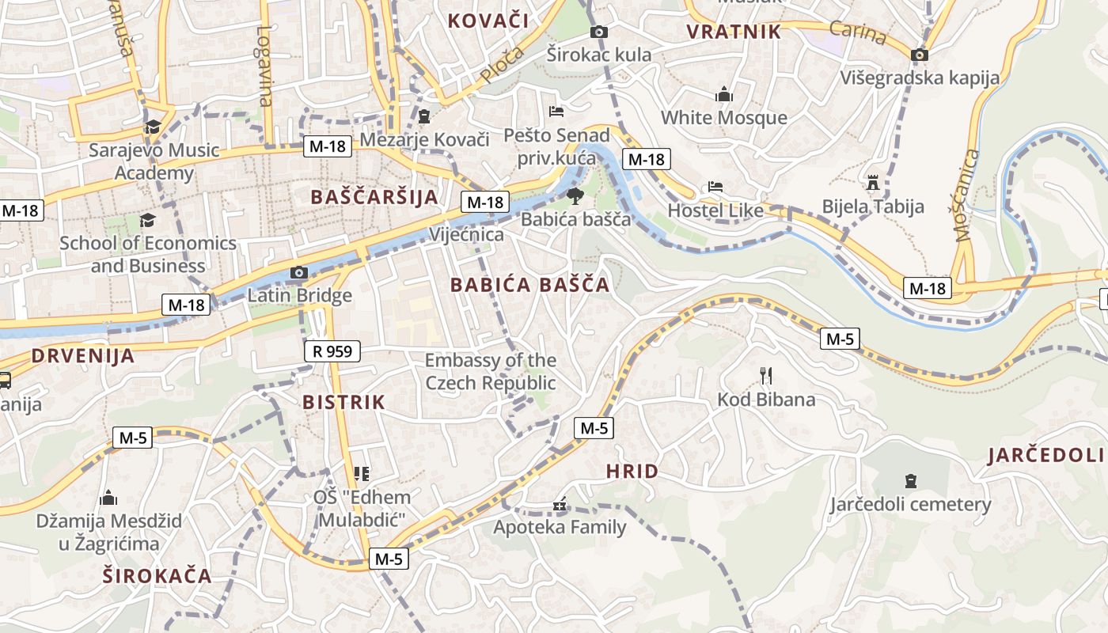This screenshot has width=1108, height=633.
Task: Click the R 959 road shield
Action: [332, 351]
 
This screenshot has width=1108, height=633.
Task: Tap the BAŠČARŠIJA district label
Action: [374, 197]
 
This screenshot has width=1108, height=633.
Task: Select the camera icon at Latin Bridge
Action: [298, 273]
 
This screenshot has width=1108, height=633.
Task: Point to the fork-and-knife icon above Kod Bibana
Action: [765, 375]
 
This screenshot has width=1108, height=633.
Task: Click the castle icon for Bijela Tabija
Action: [873, 183]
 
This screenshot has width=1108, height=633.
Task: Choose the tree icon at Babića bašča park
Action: [575, 195]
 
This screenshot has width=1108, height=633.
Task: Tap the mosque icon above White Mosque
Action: [723, 94]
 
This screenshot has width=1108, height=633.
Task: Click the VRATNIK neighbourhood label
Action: [734, 32]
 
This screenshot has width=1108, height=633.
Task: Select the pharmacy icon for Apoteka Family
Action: [560, 504]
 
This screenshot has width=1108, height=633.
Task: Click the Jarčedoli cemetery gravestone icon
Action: [910, 480]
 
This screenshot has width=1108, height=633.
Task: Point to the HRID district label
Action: [632, 472]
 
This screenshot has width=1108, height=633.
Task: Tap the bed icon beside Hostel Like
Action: [715, 187]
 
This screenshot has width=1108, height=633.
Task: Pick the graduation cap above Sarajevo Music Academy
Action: [153, 127]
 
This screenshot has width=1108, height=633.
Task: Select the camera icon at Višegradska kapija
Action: [919, 55]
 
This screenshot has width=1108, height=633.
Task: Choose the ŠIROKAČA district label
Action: [157, 575]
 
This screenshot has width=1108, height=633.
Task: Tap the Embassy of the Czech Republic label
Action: [491, 372]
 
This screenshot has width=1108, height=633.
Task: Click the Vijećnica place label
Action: [466, 234]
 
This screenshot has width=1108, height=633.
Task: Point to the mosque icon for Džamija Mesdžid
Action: [108, 498]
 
